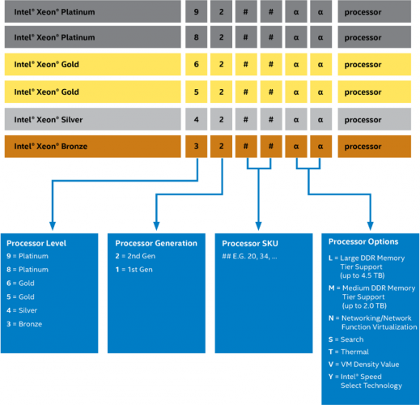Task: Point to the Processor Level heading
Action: point(36,243)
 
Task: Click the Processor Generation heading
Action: point(156,243)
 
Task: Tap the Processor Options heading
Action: point(363,241)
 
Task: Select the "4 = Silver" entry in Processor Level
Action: point(23,310)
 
